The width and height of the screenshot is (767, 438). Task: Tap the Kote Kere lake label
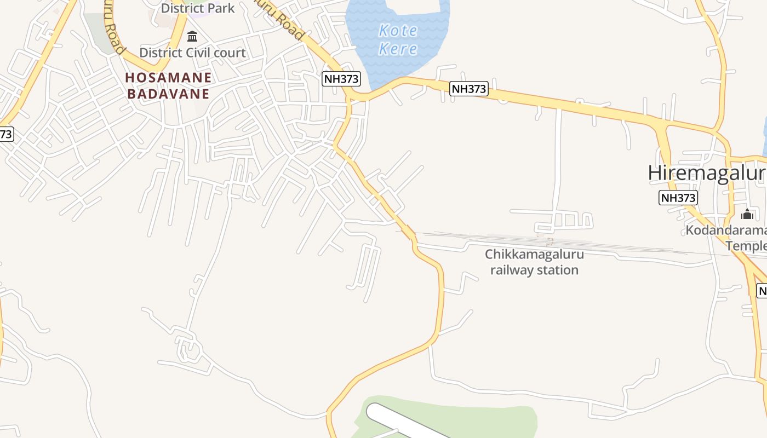pyautogui.click(x=398, y=39)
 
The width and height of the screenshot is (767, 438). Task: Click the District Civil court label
pyautogui.click(x=192, y=53)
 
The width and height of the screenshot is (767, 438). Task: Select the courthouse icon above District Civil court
pyautogui.click(x=192, y=37)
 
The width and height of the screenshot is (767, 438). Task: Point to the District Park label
pyautogui.click(x=197, y=8)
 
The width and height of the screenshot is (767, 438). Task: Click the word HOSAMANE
pyautogui.click(x=168, y=77)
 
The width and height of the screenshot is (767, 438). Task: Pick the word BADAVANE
pyautogui.click(x=168, y=94)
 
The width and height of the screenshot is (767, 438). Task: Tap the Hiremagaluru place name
pyautogui.click(x=707, y=173)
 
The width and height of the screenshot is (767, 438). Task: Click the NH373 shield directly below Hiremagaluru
pyautogui.click(x=678, y=198)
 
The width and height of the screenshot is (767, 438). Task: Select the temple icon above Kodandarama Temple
pyautogui.click(x=747, y=214)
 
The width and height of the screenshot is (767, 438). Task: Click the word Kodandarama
pyautogui.click(x=726, y=230)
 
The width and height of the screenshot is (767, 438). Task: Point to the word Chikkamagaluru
pyautogui.click(x=534, y=255)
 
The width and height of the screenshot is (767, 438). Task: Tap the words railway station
pyautogui.click(x=534, y=270)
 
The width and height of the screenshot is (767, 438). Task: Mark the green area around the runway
pyautogui.click(x=493, y=419)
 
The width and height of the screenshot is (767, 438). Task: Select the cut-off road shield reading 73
pyautogui.click(x=5, y=134)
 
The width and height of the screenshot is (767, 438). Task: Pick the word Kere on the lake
pyautogui.click(x=398, y=49)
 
